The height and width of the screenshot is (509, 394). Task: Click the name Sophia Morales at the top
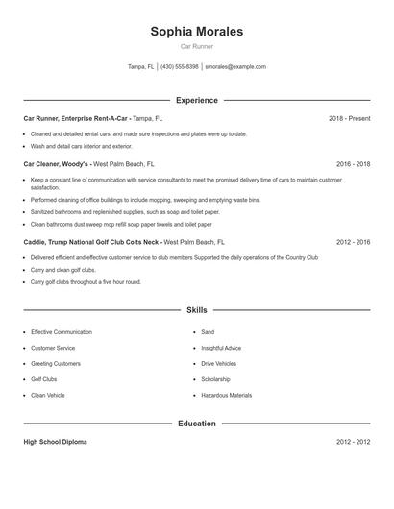click(196, 32)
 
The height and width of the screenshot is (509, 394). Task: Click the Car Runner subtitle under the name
click(196, 46)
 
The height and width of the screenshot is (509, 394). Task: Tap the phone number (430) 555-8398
click(180, 67)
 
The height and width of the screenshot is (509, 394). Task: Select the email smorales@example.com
click(235, 67)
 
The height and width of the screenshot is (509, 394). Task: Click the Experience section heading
click(196, 100)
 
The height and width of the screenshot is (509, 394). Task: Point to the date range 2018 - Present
click(349, 118)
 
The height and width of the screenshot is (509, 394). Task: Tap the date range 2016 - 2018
click(353, 164)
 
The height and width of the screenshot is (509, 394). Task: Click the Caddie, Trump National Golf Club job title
click(92, 243)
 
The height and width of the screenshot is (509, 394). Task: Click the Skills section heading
click(196, 310)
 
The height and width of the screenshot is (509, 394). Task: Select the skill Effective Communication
click(62, 332)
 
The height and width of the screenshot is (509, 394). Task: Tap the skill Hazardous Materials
click(227, 395)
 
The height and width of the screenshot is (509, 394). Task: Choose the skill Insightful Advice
click(221, 348)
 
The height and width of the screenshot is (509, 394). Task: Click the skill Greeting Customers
click(56, 364)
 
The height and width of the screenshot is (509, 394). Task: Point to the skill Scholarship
click(215, 379)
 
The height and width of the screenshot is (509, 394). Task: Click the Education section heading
click(196, 424)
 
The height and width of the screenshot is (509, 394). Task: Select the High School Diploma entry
click(56, 442)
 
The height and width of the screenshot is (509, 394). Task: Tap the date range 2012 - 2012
click(353, 442)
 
